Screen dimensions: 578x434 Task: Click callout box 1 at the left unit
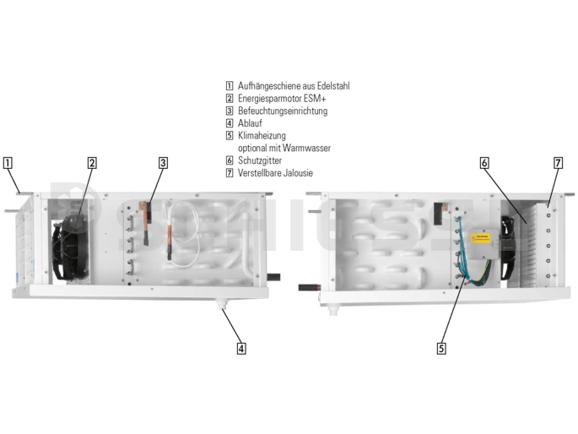pos(8,163)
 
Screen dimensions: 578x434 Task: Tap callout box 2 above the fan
pos(92,163)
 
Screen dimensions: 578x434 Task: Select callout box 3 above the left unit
pos(163,163)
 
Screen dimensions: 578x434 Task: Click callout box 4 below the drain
pos(241,349)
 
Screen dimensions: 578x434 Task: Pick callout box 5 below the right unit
pos(441,349)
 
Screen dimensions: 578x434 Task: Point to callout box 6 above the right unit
pos(484,163)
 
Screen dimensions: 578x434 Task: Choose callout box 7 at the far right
pos(559,163)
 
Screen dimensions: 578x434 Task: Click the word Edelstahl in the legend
pos(333,86)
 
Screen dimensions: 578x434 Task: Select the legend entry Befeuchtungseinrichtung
pos(283,111)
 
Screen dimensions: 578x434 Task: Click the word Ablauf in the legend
pos(250,123)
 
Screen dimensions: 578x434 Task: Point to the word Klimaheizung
pos(262,136)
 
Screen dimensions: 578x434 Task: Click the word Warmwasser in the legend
pos(306,149)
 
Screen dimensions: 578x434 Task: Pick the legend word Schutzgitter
pos(260,160)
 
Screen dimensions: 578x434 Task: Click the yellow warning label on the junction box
pos(481,238)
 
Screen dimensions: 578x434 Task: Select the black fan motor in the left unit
pos(71,247)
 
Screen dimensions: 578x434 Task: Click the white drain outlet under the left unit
pos(222,305)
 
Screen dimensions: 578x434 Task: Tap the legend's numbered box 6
pos(230,160)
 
